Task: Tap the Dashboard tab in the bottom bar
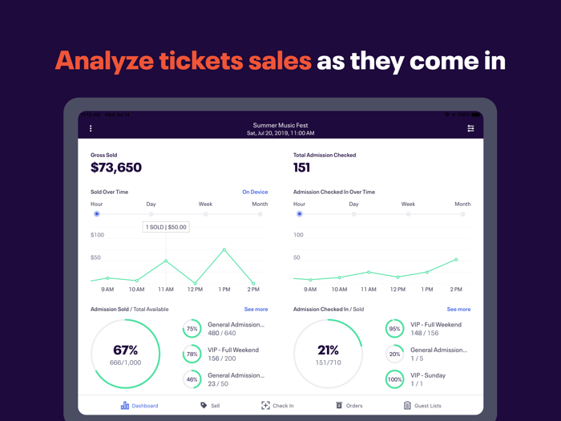(139, 406)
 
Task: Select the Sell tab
(210, 406)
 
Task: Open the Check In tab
(277, 406)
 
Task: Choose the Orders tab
(349, 406)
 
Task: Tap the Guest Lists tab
(422, 406)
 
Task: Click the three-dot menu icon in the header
(91, 128)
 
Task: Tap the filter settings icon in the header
(470, 128)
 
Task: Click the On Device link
(255, 192)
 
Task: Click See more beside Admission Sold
(256, 310)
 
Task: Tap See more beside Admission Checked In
(458, 310)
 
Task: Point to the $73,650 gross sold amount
(116, 168)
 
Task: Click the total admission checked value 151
(301, 168)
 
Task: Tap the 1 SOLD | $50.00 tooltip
(166, 227)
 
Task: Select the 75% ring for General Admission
(192, 329)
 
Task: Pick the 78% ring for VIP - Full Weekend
(192, 354)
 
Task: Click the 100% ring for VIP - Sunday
(394, 379)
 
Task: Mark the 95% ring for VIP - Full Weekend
(394, 329)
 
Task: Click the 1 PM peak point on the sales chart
(224, 250)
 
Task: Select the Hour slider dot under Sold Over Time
(97, 214)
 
